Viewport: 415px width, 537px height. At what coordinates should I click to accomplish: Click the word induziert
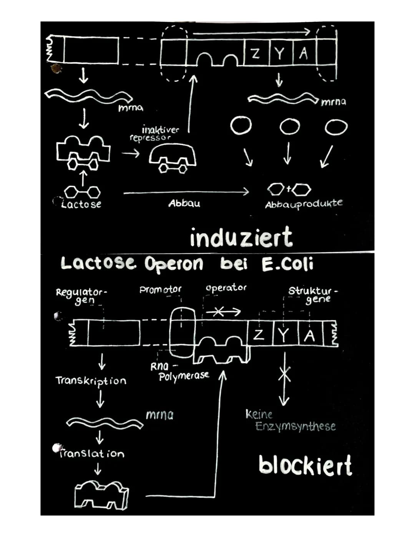241,237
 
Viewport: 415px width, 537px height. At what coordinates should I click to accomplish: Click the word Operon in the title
174,265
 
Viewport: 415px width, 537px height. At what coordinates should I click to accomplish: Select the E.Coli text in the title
287,264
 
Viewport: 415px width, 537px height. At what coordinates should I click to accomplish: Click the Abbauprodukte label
304,204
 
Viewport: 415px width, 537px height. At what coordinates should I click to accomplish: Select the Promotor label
160,289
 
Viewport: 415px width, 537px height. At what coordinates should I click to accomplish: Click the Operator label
226,288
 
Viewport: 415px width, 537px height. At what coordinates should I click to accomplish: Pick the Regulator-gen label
82,296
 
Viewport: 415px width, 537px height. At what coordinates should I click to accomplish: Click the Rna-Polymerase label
179,372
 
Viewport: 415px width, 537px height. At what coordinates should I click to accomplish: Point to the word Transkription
91,381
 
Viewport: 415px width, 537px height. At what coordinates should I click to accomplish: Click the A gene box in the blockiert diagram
310,333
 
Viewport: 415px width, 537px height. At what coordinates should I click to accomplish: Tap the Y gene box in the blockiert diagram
286,333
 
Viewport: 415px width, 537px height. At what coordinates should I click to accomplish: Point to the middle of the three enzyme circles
289,127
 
